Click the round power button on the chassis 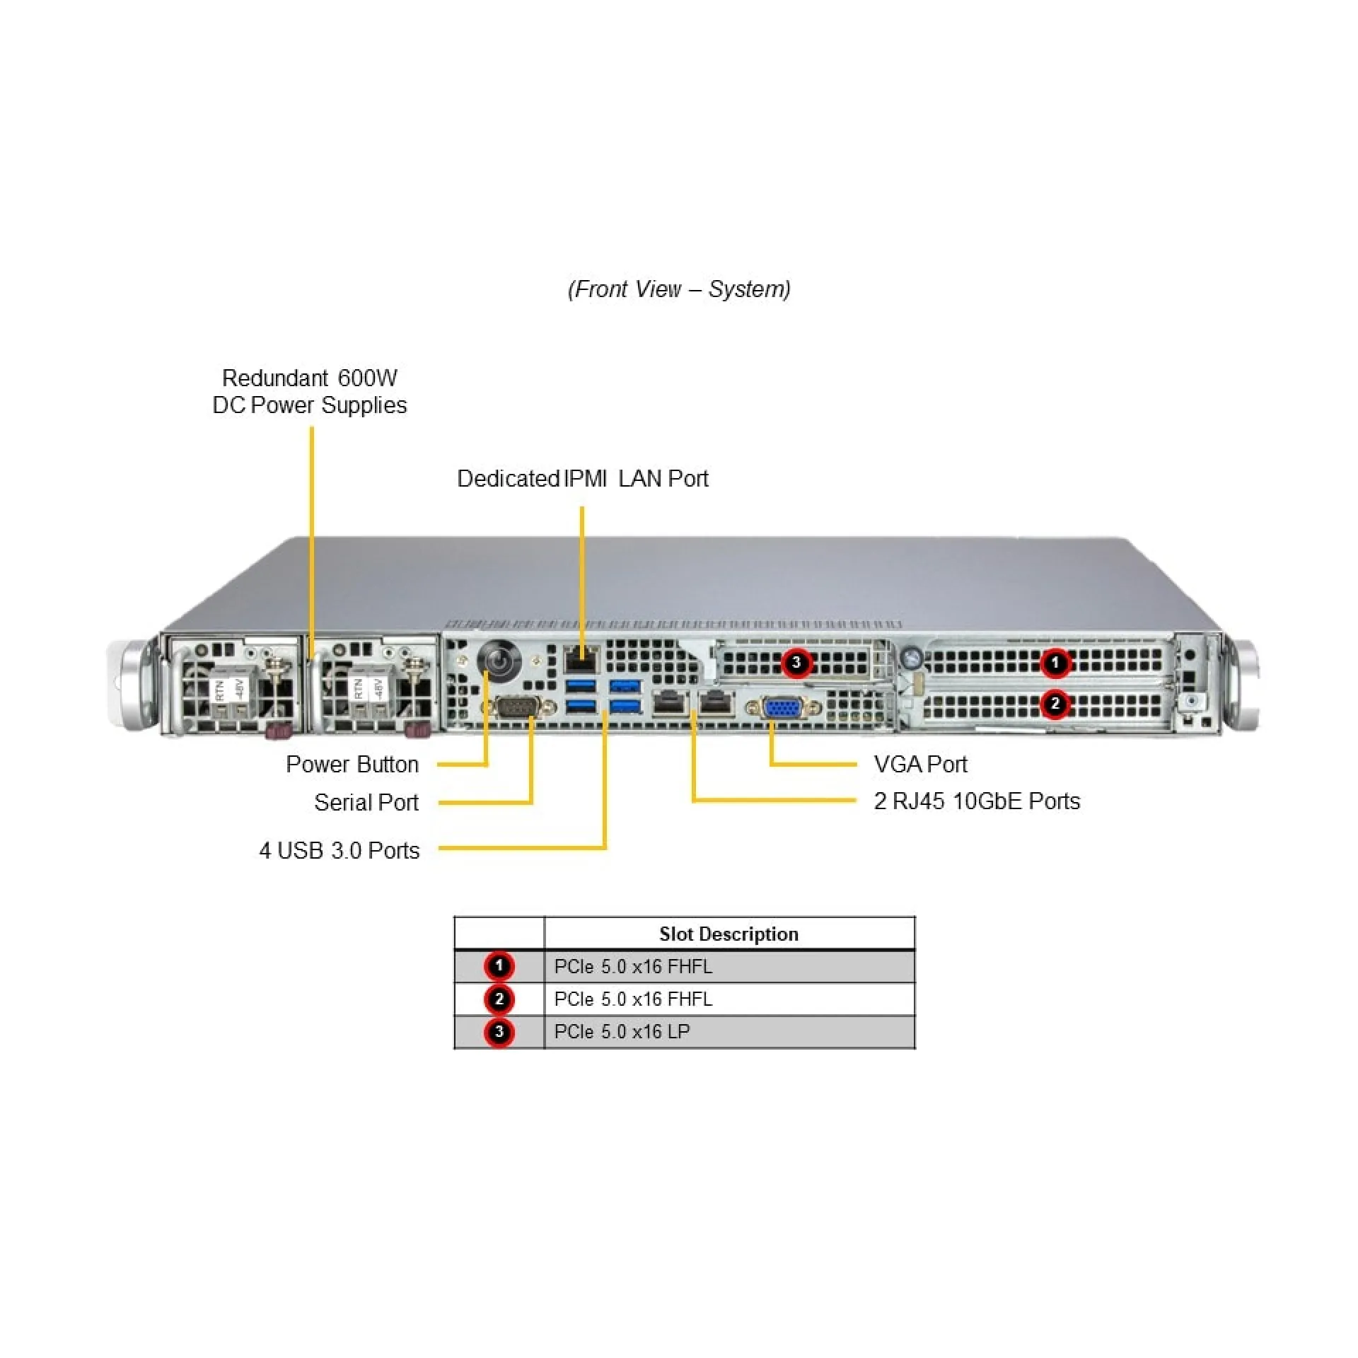coord(500,661)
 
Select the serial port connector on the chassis coord(517,707)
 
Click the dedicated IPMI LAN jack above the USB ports coord(581,661)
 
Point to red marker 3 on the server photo coord(796,663)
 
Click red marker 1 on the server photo coord(1055,663)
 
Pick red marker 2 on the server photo coord(1055,704)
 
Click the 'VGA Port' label coord(920,764)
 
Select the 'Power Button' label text coord(352,764)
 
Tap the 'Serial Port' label coord(366,802)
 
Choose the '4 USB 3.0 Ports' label coord(339,850)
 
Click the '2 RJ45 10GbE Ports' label coord(977,801)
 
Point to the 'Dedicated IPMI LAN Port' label coord(582,479)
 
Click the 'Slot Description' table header coord(729,934)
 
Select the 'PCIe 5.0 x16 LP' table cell coord(622,1032)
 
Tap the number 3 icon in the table coord(499,1032)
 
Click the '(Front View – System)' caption coord(679,289)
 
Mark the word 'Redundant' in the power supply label coord(275,378)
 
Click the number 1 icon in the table coord(499,966)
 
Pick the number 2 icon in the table coord(499,999)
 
